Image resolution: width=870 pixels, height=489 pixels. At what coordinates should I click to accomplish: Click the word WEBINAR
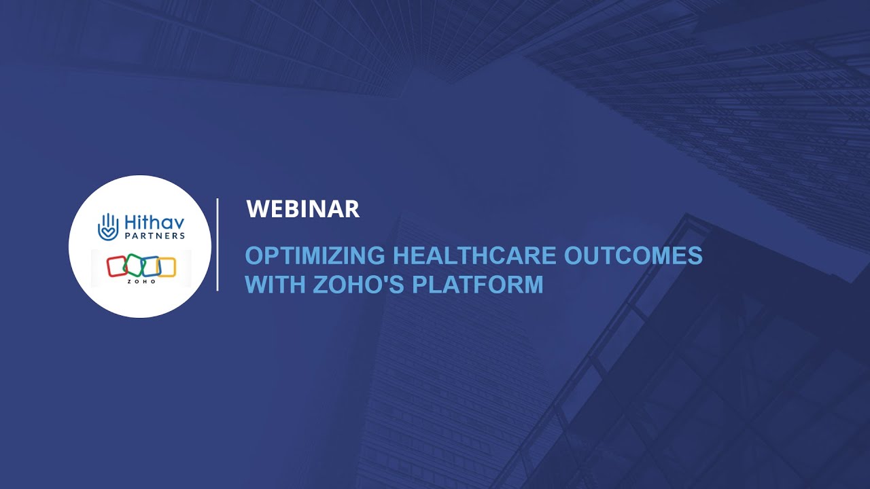click(x=302, y=209)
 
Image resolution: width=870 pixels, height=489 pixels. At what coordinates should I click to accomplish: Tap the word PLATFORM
click(x=478, y=284)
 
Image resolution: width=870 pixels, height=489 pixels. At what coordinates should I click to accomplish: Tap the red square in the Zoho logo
click(x=118, y=266)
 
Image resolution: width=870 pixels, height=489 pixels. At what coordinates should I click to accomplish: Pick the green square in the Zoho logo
click(x=134, y=266)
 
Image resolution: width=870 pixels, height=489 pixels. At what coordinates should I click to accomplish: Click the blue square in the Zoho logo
click(x=150, y=266)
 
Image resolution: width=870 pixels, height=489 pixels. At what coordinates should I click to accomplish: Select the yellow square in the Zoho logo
click(x=167, y=267)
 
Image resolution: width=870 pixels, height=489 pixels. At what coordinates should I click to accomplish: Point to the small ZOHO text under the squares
click(x=141, y=280)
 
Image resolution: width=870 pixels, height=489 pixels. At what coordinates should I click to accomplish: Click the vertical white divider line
click(x=217, y=244)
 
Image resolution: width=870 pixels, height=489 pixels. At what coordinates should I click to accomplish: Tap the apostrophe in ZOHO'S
click(x=384, y=278)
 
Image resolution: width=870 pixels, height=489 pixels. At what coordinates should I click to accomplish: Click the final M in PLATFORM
click(x=534, y=284)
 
